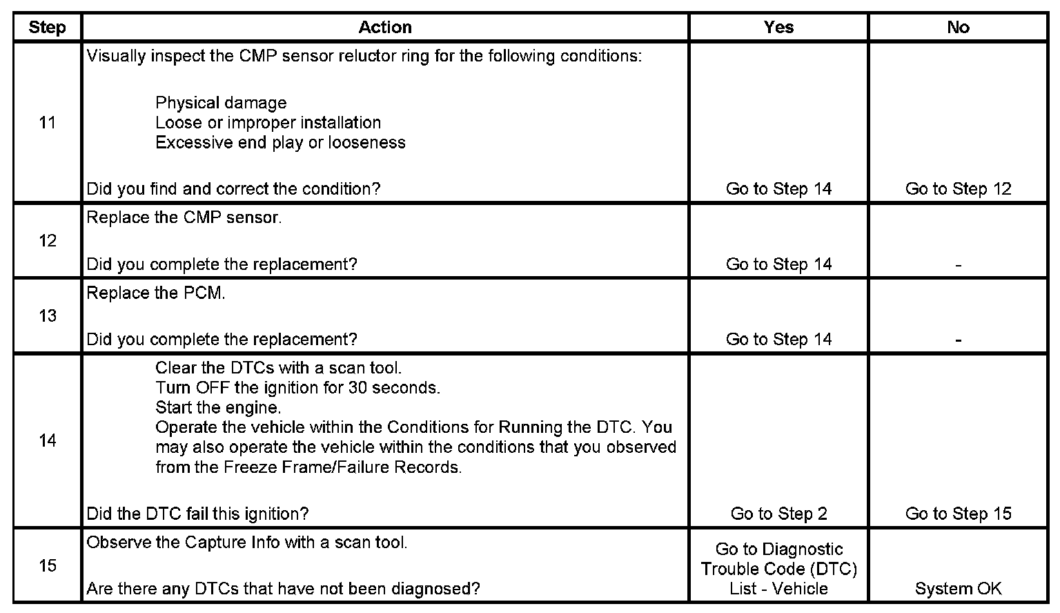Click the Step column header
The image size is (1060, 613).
tap(47, 28)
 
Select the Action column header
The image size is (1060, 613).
tap(385, 28)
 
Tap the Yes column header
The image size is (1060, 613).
tap(778, 28)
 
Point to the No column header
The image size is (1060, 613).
tap(958, 28)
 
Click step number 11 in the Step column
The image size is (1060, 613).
tap(47, 123)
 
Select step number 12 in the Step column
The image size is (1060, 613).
tap(47, 241)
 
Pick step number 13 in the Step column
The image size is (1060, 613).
tap(47, 316)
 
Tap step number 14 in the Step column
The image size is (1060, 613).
tap(47, 440)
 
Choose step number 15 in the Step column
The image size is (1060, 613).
tap(47, 566)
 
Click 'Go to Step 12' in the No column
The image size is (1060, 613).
tap(958, 189)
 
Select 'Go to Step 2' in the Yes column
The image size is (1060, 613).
tap(778, 514)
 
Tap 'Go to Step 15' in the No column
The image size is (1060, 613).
tap(958, 514)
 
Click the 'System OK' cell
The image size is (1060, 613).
tap(958, 589)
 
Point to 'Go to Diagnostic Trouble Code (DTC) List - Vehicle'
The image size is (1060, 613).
tap(778, 569)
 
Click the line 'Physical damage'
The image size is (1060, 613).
tap(221, 104)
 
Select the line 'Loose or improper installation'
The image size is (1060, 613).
tap(268, 123)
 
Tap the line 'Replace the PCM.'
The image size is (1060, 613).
tap(156, 293)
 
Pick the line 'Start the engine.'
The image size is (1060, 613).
tap(218, 408)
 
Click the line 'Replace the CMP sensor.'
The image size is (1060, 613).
tap(184, 218)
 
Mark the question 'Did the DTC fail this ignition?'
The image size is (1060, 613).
tap(197, 514)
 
